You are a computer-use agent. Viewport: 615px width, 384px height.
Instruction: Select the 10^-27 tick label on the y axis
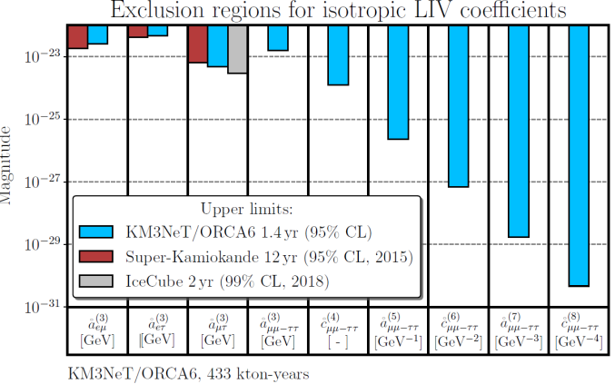click(x=41, y=182)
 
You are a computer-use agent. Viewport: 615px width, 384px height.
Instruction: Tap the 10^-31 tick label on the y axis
click(x=41, y=307)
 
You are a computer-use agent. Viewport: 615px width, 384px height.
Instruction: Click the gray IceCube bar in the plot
click(x=237, y=49)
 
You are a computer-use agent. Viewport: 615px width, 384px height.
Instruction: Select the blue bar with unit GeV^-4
click(x=578, y=154)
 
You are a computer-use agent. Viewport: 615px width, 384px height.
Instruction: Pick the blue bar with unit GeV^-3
click(x=518, y=131)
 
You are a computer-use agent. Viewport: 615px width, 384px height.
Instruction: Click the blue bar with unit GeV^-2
click(x=458, y=105)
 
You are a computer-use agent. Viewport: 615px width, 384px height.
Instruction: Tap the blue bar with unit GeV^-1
click(x=398, y=82)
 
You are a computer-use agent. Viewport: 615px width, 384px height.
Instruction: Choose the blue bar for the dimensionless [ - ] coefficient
click(x=338, y=54)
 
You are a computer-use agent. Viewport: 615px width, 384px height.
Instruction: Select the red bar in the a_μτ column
click(x=197, y=44)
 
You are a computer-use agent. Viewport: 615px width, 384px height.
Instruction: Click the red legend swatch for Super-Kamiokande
click(x=96, y=257)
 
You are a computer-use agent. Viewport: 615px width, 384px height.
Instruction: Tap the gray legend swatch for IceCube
click(x=96, y=282)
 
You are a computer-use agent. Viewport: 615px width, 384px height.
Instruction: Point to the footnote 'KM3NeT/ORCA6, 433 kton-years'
click(x=189, y=372)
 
